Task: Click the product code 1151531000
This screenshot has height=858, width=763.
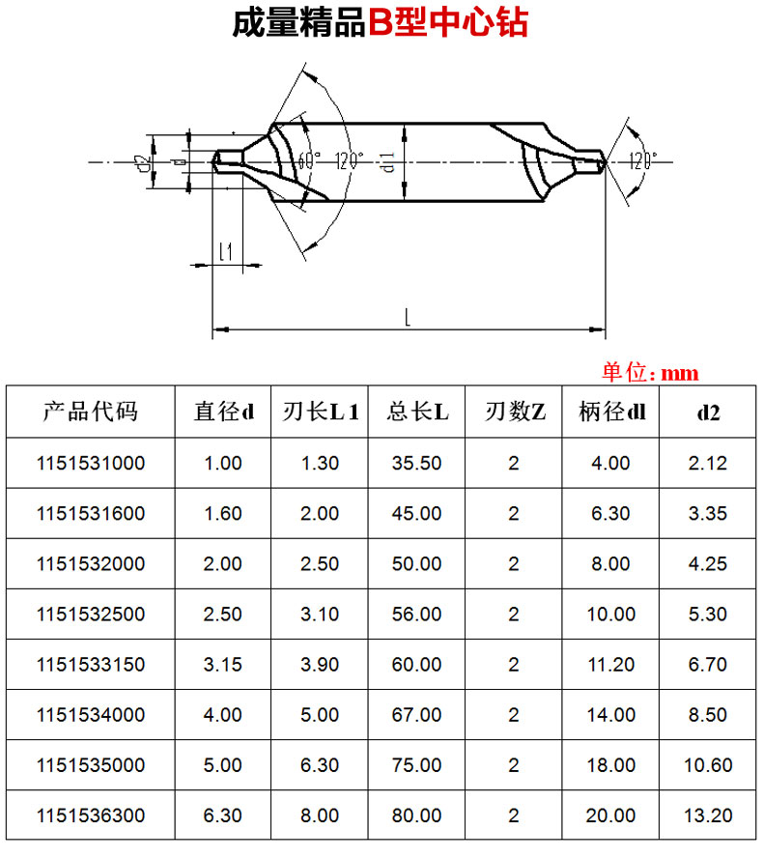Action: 90,463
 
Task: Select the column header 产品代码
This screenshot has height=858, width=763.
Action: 90,413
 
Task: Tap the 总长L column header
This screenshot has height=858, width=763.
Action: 416,413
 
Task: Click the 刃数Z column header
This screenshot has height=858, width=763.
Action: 513,413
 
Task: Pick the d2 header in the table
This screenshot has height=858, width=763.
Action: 708,413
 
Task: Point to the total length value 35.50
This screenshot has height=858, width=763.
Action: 416,463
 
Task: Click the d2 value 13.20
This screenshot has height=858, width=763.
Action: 708,815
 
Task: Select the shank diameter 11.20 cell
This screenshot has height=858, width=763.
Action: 610,665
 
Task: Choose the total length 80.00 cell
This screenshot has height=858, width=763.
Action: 416,815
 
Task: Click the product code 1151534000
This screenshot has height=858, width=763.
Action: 90,715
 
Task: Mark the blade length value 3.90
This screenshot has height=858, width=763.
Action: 320,665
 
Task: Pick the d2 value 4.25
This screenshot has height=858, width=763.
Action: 708,563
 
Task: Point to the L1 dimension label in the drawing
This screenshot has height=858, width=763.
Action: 226,252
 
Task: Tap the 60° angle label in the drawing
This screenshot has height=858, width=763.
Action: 307,160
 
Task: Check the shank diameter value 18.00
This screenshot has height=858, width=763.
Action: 610,765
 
